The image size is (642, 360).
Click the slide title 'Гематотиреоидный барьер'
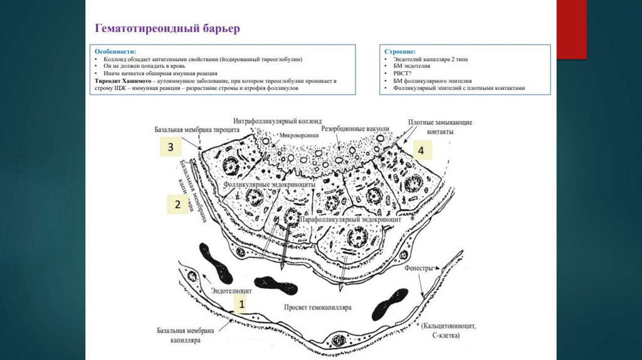[166, 28]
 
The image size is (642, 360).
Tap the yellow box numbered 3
[170, 147]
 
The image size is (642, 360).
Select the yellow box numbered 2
[177, 204]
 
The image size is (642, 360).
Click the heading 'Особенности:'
[115, 51]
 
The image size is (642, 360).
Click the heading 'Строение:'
[401, 51]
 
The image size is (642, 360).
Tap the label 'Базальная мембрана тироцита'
[195, 130]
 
